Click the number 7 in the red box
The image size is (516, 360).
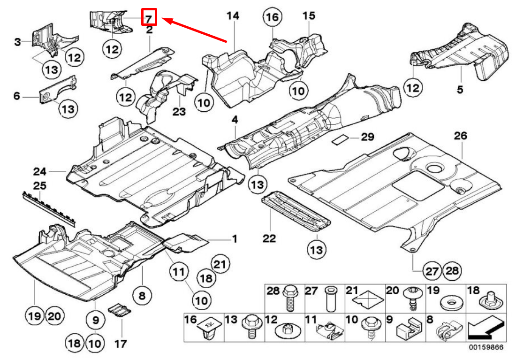149,18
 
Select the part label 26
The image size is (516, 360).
460,136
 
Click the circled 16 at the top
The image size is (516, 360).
273,17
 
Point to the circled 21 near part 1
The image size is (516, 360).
220,263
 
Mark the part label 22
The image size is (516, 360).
269,238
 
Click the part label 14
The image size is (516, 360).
233,16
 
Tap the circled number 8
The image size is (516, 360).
142,296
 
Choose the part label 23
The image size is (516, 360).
179,112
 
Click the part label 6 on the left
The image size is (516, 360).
17,96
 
